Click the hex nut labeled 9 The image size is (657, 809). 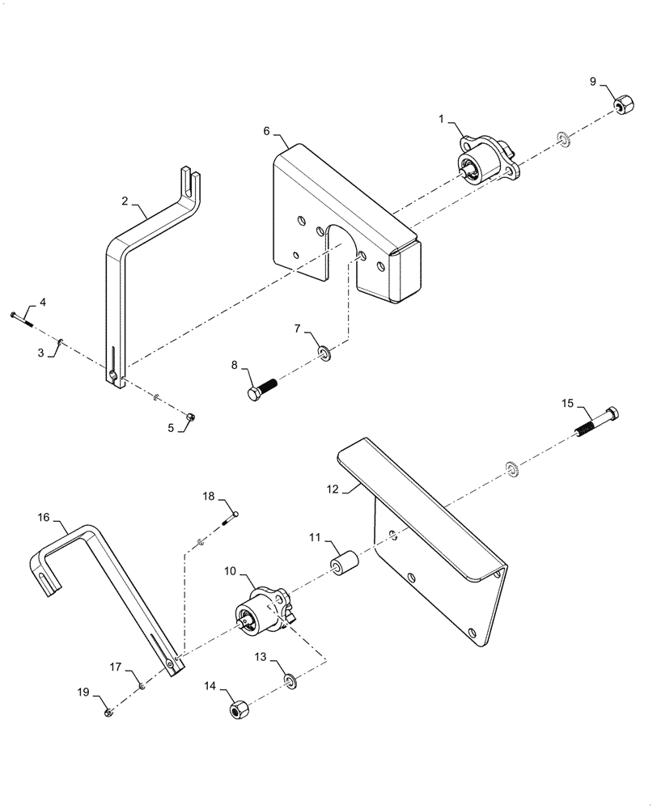coord(622,105)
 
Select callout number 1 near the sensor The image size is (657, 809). coord(441,119)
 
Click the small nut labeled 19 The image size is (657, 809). coord(108,712)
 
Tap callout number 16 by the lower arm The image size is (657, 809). coord(44,516)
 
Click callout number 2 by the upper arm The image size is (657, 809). coord(125,200)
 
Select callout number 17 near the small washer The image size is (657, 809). coord(116,667)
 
